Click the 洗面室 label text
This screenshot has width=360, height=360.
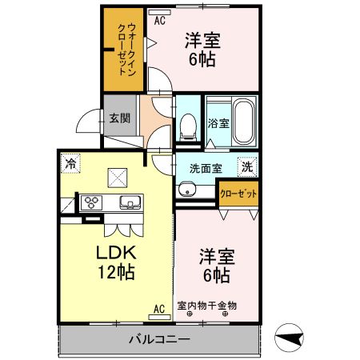click(x=206, y=169)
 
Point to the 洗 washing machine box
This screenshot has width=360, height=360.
click(x=248, y=168)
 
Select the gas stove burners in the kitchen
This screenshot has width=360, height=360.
click(x=90, y=201)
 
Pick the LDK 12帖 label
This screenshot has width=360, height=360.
click(x=118, y=262)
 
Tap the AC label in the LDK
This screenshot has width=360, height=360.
click(x=158, y=308)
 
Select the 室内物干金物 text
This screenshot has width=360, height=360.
click(x=207, y=305)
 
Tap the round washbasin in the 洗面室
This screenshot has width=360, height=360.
click(x=186, y=190)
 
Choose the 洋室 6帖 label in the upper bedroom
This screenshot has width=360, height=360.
click(x=203, y=50)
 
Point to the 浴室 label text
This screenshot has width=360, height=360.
click(x=218, y=123)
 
